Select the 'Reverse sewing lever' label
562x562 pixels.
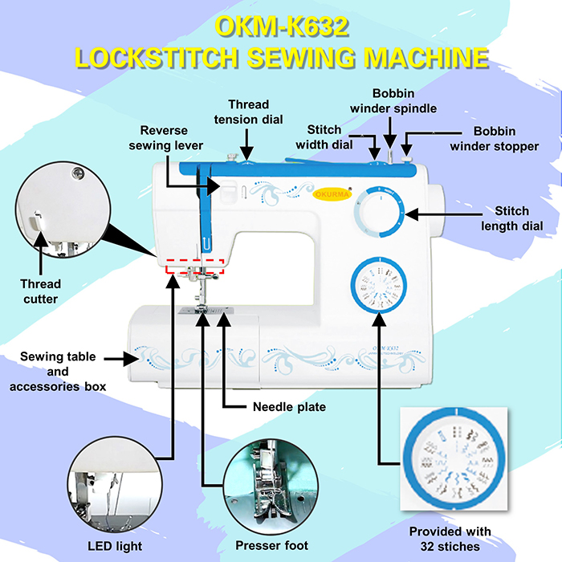tap(171, 137)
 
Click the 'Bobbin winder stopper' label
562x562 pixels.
tap(494, 137)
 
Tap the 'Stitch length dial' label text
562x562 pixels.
tap(511, 218)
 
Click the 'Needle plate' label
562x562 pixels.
tap(288, 407)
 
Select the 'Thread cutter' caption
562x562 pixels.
tap(39, 291)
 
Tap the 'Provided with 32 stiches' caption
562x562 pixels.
tap(450, 539)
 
